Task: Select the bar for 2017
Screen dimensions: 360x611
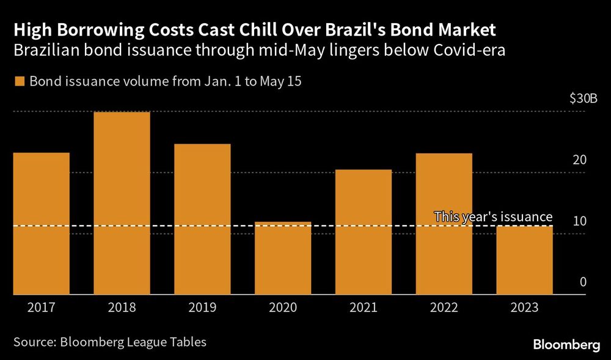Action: pos(40,223)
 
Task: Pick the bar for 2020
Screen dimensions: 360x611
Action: pos(282,258)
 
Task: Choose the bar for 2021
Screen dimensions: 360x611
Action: pos(363,232)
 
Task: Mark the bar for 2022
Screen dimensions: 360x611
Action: pos(444,224)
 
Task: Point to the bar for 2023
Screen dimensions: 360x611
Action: pos(524,260)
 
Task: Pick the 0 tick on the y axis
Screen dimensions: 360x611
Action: pos(583,282)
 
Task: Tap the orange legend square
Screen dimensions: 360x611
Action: pos(18,81)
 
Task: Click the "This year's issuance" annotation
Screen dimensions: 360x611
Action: pos(493,216)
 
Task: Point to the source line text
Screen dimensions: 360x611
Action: pos(109,342)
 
